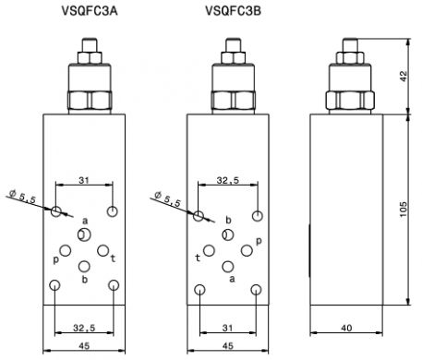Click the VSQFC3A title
click(x=90, y=11)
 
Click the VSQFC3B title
click(x=234, y=11)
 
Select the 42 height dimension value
click(x=404, y=76)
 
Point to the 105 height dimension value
click(x=404, y=210)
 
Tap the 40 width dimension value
click(x=346, y=328)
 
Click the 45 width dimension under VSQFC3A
click(x=84, y=346)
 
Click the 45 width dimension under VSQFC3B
click(x=228, y=346)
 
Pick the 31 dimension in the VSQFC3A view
click(x=84, y=180)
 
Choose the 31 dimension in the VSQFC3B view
click(x=227, y=328)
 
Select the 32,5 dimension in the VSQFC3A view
click(x=84, y=328)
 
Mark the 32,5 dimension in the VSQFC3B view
click(x=228, y=180)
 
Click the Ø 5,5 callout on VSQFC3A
click(x=22, y=197)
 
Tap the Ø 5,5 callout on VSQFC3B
click(x=167, y=198)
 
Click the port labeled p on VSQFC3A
click(x=66, y=251)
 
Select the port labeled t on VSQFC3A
click(x=103, y=250)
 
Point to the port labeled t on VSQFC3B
click(x=209, y=251)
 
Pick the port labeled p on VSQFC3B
click(x=247, y=251)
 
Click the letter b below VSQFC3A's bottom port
click(x=85, y=280)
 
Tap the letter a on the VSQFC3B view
click(x=232, y=279)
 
